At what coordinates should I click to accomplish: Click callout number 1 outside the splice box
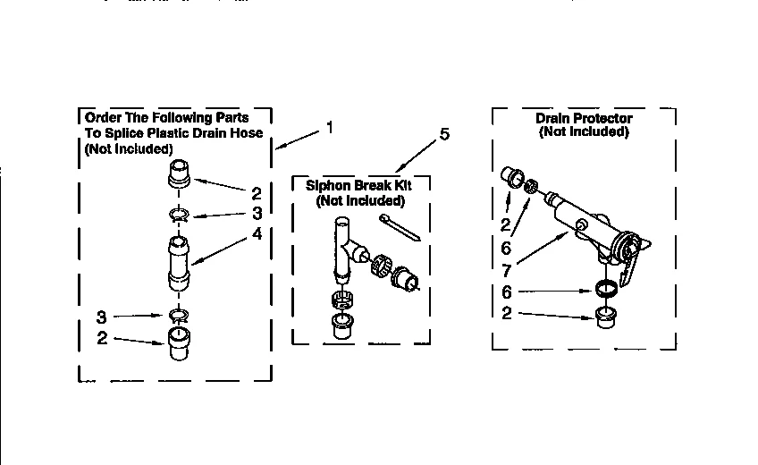(330, 128)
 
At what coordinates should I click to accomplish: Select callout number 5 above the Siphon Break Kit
(444, 135)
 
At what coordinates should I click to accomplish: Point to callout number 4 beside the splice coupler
(257, 234)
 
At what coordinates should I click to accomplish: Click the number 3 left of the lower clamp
(103, 316)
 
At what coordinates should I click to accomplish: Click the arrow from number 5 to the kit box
(415, 158)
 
